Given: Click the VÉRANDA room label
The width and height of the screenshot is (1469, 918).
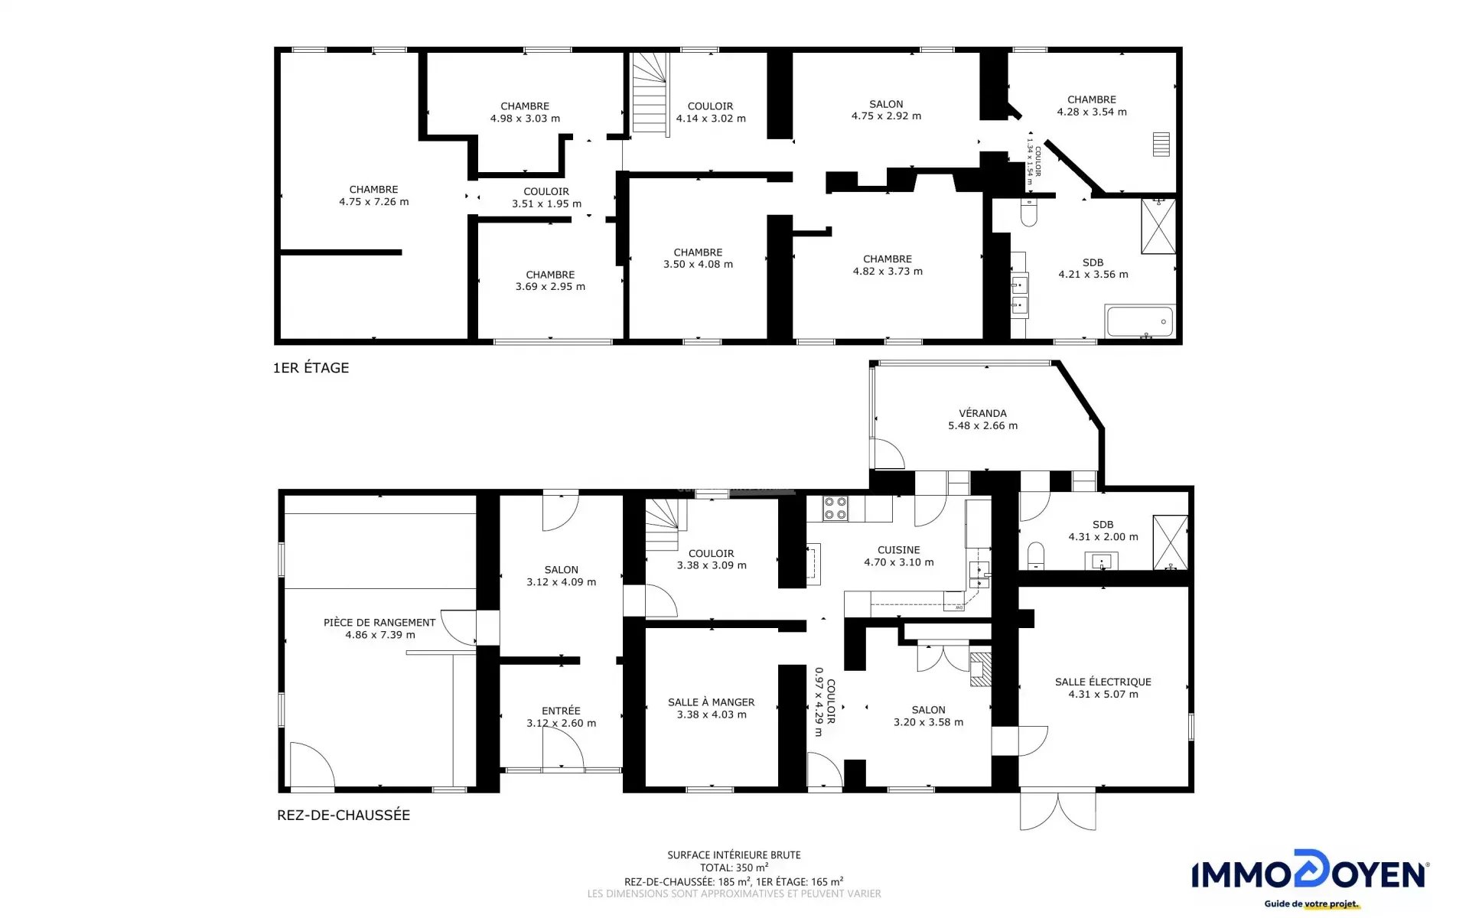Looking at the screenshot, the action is coord(982,413).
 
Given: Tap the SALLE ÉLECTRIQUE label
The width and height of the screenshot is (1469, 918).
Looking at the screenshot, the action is coord(1103,682).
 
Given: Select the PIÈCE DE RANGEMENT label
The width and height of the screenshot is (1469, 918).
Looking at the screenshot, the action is coord(379,622).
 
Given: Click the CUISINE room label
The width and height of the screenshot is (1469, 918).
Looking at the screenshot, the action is coord(898,550).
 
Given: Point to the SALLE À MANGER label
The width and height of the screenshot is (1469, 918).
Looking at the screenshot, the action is coord(711,702).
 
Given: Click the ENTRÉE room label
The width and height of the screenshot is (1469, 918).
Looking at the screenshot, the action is coord(561,711).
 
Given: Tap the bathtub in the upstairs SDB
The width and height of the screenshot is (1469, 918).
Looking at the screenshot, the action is coord(1139,321).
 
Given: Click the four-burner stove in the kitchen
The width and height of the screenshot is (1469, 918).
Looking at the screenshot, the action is coord(835,509).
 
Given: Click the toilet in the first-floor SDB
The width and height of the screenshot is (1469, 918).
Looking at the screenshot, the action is coord(1028,212).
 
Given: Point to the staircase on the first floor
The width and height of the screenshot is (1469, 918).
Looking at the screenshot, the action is coord(650,93).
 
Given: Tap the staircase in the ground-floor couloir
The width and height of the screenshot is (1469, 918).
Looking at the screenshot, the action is coord(663,525).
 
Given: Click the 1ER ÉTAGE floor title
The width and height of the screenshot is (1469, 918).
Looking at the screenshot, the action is coord(311,368).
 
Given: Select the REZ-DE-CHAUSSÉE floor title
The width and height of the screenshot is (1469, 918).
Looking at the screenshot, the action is coord(344,815).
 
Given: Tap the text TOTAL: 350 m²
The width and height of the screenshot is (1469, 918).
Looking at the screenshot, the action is coord(734,868).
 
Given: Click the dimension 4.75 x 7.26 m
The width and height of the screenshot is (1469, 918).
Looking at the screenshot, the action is coord(373,202).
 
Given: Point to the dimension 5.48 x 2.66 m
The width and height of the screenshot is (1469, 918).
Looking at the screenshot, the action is coord(982,425).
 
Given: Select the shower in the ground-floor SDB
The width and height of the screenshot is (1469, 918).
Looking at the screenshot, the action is coord(1171,542).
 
